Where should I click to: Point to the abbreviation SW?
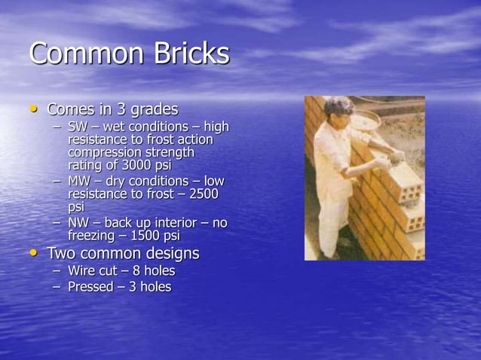(78, 127)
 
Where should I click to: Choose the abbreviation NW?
(78, 223)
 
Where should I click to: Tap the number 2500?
(204, 194)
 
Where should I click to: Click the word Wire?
(83, 270)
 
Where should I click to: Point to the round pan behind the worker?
(367, 121)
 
